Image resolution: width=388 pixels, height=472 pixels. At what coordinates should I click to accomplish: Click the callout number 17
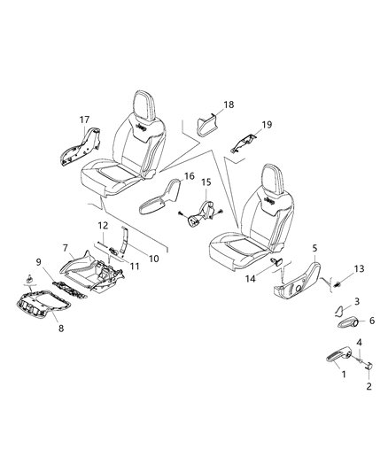pyautogui.click(x=85, y=120)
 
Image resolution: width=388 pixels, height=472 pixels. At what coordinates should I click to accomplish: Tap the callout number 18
pyautogui.click(x=229, y=104)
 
